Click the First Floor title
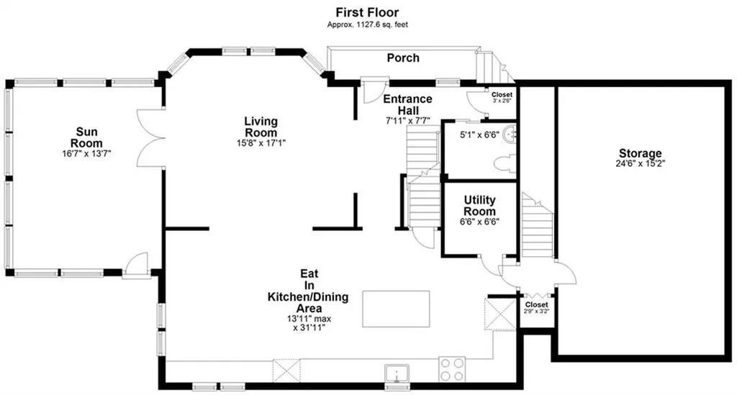click(x=367, y=12)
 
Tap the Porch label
click(x=403, y=58)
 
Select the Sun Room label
click(x=86, y=137)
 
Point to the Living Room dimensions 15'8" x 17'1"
click(x=261, y=142)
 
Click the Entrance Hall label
click(x=407, y=105)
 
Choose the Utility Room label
click(x=479, y=205)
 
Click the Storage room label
click(x=640, y=153)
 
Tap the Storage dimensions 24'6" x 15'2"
click(x=640, y=163)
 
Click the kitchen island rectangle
click(x=396, y=309)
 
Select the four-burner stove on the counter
click(x=452, y=369)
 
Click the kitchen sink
click(x=397, y=373)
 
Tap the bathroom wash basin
click(x=510, y=135)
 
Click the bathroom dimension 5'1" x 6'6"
click(x=479, y=135)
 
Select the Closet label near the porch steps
click(x=502, y=95)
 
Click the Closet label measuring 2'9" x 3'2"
click(x=537, y=305)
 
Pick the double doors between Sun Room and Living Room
click(x=151, y=138)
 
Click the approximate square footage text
click(x=368, y=24)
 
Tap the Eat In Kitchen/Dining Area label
click(x=308, y=291)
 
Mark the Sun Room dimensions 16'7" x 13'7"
click(x=86, y=153)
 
